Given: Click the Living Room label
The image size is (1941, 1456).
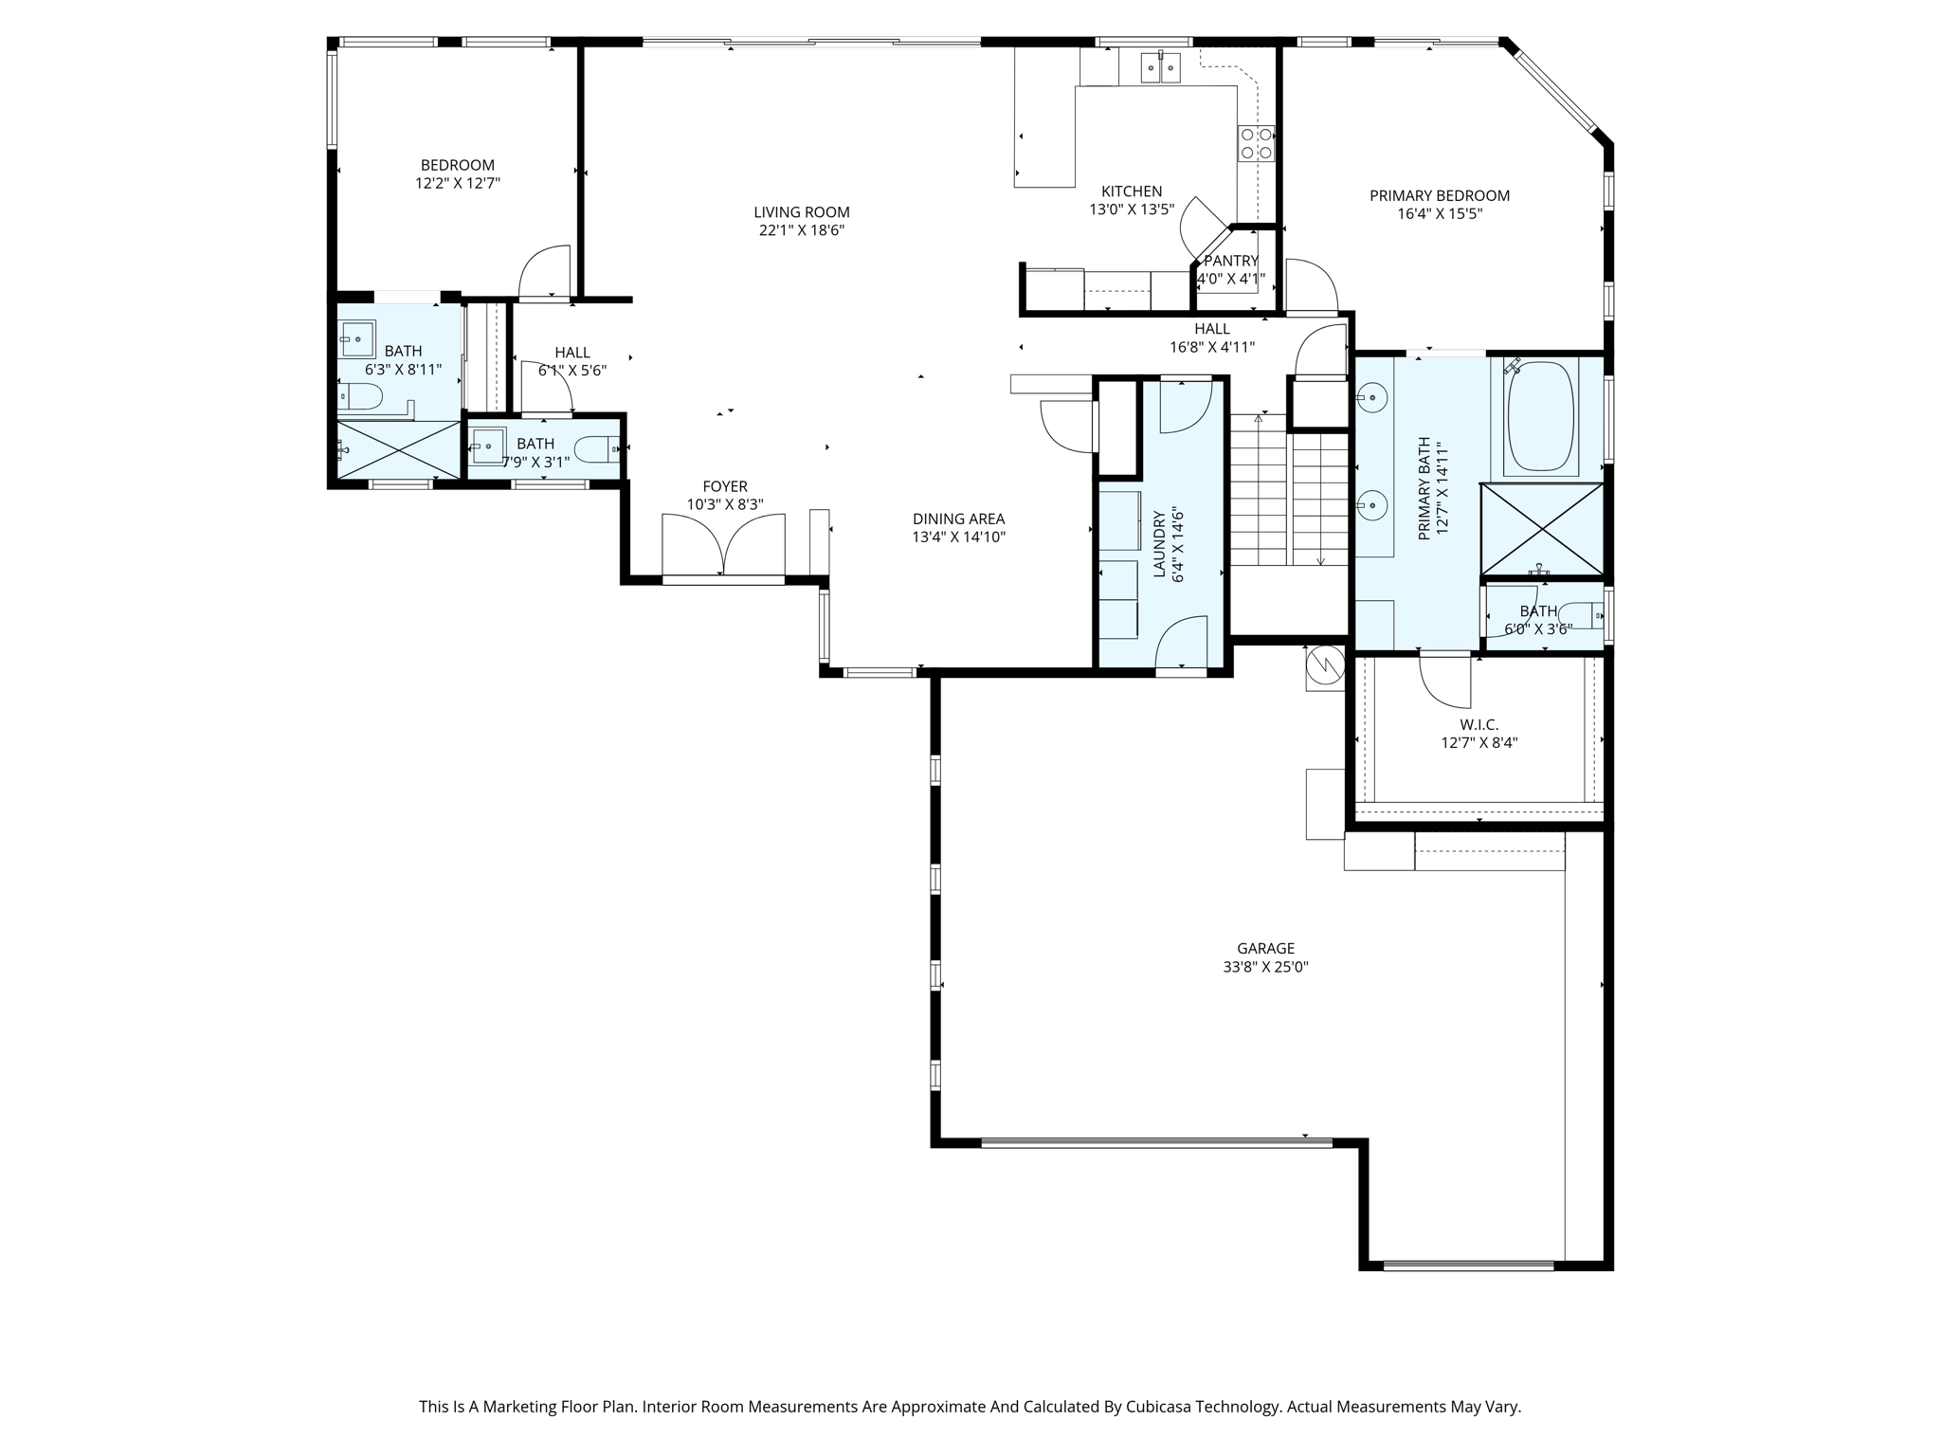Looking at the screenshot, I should pos(802,212).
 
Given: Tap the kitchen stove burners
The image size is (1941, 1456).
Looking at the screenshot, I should pos(1255,143).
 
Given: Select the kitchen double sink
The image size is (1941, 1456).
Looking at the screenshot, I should pos(1160,67).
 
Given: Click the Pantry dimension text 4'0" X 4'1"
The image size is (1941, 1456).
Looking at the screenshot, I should pos(1231,280).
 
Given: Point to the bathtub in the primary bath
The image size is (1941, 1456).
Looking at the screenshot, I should pos(1540,417).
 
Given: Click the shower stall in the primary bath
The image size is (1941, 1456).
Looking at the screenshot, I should pos(1542,529).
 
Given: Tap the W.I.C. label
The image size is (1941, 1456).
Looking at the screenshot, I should pos(1478,725).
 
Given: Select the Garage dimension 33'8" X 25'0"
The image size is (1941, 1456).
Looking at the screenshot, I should pos(1265,967).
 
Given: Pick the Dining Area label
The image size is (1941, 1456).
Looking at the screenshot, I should pos(958,519).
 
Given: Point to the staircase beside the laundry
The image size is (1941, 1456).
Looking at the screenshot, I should pos(1289,493).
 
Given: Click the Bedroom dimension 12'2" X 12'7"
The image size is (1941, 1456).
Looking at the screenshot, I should pos(457,183).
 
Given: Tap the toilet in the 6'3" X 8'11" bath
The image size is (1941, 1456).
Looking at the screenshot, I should pos(361,395).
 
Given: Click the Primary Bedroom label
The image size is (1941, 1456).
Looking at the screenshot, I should pos(1439,196).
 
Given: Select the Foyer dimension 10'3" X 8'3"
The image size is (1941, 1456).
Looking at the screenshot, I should pos(725,504).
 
